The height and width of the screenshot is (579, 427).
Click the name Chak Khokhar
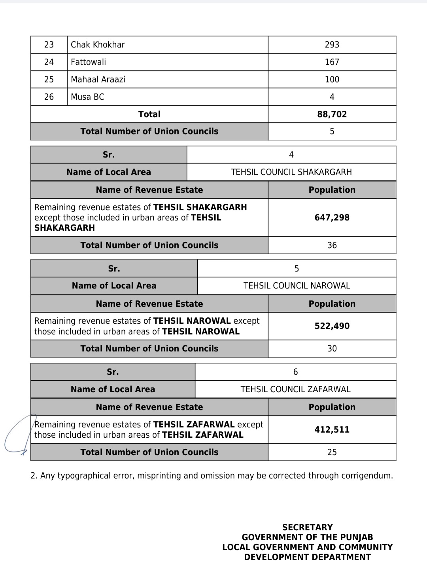98,45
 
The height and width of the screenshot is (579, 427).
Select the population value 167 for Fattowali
332,62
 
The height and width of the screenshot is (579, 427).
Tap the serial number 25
49,80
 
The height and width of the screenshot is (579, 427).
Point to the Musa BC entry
87,97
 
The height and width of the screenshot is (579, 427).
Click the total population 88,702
332,114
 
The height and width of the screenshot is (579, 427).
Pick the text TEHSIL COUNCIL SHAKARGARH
291,172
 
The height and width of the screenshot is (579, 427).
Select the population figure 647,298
332,217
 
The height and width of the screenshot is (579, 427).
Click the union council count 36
332,245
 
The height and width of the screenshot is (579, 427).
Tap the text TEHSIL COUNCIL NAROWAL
297,286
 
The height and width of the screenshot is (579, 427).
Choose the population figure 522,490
332,326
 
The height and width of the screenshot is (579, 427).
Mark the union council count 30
332,349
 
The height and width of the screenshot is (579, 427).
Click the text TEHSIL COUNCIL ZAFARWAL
295,389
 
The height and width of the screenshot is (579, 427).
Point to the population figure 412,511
332,430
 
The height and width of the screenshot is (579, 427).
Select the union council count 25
332,452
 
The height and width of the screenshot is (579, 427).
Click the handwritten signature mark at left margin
16,435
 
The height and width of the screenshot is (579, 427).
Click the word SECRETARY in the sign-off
307,528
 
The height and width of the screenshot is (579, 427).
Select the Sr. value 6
295,372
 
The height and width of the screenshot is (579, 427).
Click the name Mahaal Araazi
98,80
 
